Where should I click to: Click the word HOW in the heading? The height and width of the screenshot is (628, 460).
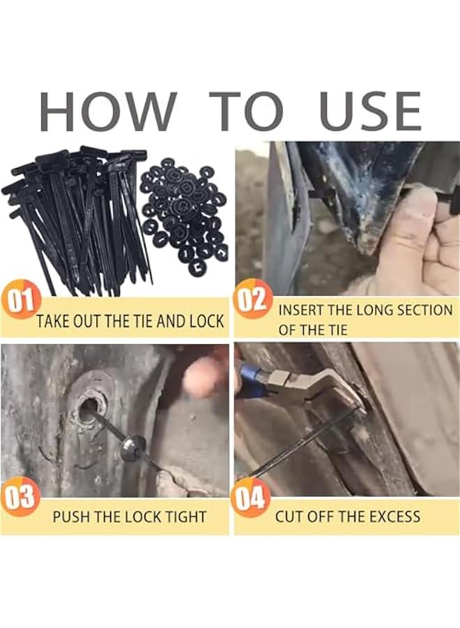[x=108, y=111]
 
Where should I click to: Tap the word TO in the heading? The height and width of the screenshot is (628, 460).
[x=247, y=111]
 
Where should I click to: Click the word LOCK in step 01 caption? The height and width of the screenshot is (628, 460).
[x=206, y=322]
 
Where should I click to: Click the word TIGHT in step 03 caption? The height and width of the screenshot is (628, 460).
[x=186, y=517]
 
